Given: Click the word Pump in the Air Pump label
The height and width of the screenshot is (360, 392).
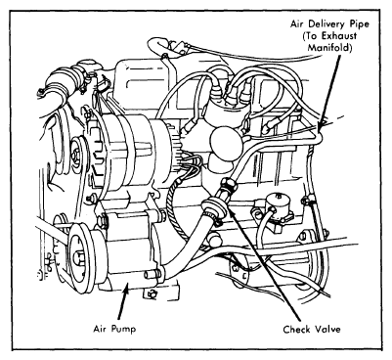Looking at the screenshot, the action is [123, 330].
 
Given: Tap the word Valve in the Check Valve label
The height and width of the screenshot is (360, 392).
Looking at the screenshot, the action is [327, 330].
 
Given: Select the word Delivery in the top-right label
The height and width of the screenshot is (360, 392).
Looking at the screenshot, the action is [326, 24].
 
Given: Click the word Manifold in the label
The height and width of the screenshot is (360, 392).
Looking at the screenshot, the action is [329, 48].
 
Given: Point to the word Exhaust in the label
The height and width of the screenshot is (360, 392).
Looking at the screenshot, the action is [340, 36].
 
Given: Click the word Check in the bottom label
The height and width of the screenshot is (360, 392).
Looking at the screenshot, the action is [296, 330].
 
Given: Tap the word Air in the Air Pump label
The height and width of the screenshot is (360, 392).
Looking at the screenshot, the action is [100, 329].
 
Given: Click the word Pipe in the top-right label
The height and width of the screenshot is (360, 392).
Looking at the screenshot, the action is [358, 24].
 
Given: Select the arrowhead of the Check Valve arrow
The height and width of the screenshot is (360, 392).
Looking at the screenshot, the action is [231, 209].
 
